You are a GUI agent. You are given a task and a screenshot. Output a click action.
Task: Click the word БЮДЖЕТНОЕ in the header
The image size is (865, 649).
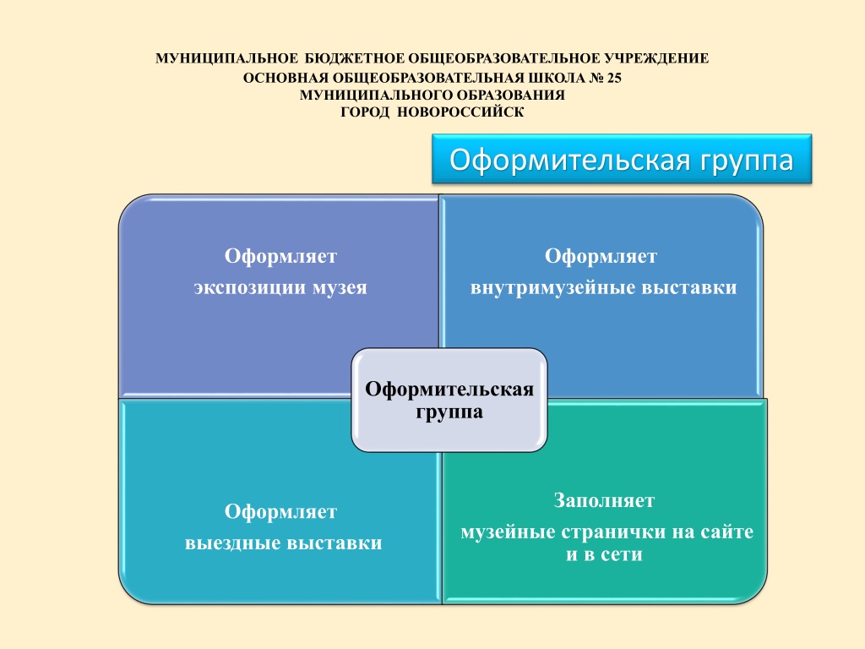coord(354,58)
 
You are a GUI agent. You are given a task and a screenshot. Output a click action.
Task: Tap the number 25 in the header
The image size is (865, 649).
coord(614,79)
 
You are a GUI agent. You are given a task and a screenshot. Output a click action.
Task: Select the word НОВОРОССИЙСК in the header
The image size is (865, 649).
coord(460,112)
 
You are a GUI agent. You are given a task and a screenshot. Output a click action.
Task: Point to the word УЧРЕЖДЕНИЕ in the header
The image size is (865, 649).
coord(656,58)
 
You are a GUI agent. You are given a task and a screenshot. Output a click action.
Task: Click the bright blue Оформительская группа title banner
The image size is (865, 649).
coord(622,159)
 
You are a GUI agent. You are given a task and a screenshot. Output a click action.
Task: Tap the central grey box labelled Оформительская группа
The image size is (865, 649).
coord(449,400)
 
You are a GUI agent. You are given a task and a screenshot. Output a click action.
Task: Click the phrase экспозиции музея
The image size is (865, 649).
coord(280,287)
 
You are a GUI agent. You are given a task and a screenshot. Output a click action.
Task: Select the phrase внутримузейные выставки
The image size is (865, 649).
coord(603,287)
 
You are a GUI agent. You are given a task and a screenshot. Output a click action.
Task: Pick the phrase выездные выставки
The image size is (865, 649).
coord(284,543)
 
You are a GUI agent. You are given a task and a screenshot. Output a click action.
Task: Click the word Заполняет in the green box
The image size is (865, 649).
coord(604,500)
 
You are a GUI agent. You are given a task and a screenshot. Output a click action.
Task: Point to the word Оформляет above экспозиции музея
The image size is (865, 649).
coord(280,256)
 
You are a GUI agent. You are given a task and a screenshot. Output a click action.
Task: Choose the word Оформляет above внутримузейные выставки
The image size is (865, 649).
coord(601,256)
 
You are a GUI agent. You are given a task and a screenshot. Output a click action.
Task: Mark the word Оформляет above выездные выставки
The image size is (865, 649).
coord(280,511)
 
